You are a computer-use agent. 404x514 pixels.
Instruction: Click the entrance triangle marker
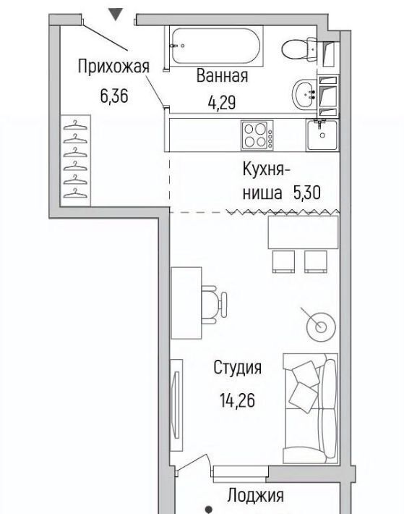[x=116, y=14]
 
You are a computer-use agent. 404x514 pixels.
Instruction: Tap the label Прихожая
[x=113, y=67]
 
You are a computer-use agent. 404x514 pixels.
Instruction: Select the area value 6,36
[x=114, y=96]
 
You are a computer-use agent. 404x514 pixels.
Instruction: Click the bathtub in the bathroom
[x=216, y=46]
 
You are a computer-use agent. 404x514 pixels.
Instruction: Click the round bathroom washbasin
[x=304, y=95]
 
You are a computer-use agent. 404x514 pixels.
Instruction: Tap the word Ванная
[x=222, y=76]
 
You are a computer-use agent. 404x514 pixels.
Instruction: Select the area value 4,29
[x=222, y=103]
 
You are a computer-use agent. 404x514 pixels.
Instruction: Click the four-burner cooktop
[x=257, y=135]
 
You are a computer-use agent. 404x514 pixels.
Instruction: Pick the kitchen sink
[x=322, y=135]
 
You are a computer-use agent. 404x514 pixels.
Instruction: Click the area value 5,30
[x=307, y=193]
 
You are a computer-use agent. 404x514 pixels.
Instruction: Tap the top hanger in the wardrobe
[x=76, y=125]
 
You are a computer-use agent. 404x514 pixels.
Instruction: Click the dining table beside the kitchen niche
[x=303, y=232]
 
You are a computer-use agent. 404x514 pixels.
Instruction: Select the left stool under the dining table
[x=283, y=261]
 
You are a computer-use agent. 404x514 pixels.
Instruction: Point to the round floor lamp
[x=321, y=326]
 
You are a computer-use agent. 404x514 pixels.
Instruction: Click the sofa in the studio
[x=310, y=408]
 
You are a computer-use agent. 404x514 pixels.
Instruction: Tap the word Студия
[x=238, y=368]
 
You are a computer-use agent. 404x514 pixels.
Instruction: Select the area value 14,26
[x=237, y=400]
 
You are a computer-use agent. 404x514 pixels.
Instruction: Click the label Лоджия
[x=256, y=496]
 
